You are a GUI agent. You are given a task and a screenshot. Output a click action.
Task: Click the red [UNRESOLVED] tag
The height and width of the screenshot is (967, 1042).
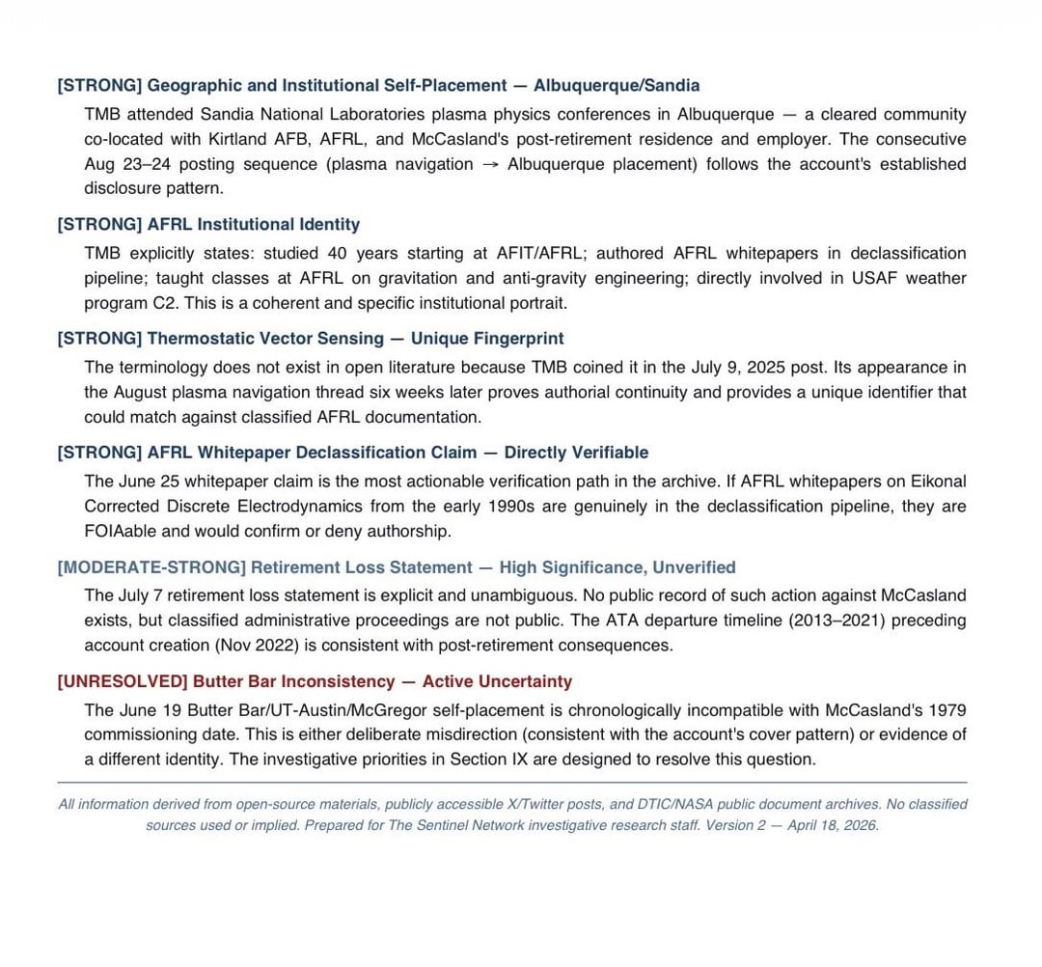coord(122,681)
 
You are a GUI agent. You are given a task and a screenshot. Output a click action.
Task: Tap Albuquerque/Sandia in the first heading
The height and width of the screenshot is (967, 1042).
coord(617,85)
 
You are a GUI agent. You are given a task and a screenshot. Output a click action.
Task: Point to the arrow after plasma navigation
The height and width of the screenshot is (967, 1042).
coord(490,164)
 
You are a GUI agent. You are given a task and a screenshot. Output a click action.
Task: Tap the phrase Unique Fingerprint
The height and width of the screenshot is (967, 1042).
coord(487,339)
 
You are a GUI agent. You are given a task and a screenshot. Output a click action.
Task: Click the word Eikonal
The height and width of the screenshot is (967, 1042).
coord(935,482)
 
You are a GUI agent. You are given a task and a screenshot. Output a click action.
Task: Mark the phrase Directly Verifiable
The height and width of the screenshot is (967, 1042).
coord(576,453)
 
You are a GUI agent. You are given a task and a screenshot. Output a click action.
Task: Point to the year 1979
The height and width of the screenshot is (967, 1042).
coord(947,710)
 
